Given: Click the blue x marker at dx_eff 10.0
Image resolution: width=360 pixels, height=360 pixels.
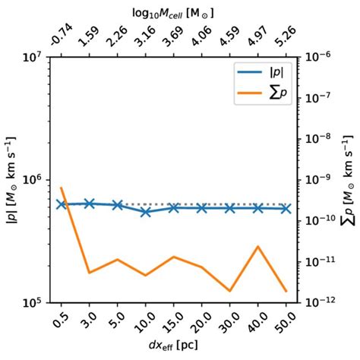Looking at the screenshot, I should pos(146,212).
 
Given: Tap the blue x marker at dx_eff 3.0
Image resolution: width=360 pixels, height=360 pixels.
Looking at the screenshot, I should pos(89,203).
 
